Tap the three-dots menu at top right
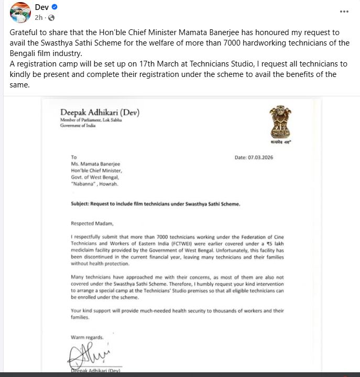[x=344, y=11]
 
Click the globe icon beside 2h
[x=51, y=18]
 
